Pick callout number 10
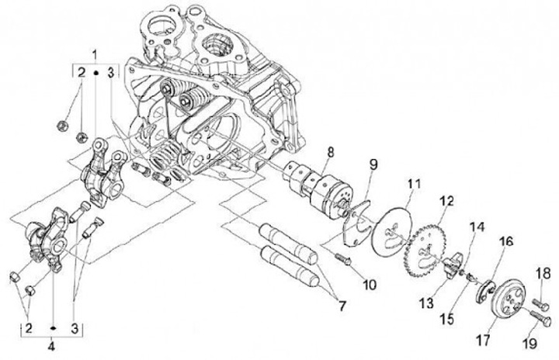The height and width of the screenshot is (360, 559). coord(369,284)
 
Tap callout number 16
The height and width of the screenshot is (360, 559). coord(505,243)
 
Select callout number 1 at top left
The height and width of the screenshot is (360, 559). coord(95,54)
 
